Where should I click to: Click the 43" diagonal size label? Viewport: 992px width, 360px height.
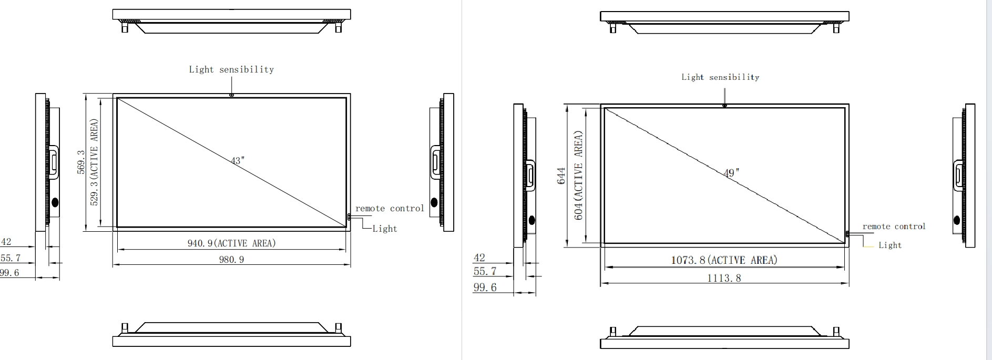(x=238, y=160)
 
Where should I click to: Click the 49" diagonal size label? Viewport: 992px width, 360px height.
(x=731, y=172)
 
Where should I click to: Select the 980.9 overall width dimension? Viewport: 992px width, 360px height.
(x=231, y=259)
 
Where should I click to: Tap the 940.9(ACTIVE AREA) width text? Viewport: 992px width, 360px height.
(x=231, y=243)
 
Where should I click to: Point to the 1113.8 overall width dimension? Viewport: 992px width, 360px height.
(x=724, y=278)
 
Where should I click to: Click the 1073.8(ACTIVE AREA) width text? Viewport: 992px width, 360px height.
(x=724, y=260)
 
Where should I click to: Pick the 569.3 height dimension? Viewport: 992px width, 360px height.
(x=81, y=161)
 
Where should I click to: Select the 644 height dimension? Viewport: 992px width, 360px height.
(x=561, y=176)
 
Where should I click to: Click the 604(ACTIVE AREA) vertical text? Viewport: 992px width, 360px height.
(x=578, y=176)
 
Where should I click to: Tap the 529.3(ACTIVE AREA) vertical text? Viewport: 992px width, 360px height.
(x=95, y=162)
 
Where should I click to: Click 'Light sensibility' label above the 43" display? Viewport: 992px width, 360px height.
(x=231, y=69)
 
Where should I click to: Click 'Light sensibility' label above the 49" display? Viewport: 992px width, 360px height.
(x=720, y=77)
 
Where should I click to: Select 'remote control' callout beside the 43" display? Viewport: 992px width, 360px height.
(x=390, y=209)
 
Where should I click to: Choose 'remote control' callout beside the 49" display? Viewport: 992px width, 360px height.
(x=894, y=227)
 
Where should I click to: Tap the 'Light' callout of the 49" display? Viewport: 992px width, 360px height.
(x=889, y=245)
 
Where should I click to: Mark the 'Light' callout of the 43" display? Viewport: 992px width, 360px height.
(x=384, y=229)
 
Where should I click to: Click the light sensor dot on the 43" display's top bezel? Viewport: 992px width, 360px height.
(x=231, y=95)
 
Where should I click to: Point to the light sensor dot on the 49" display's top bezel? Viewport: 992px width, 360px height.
(x=724, y=106)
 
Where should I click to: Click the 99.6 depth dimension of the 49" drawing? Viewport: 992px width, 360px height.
(x=485, y=287)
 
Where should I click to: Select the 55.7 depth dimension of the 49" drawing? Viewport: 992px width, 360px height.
(x=485, y=272)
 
